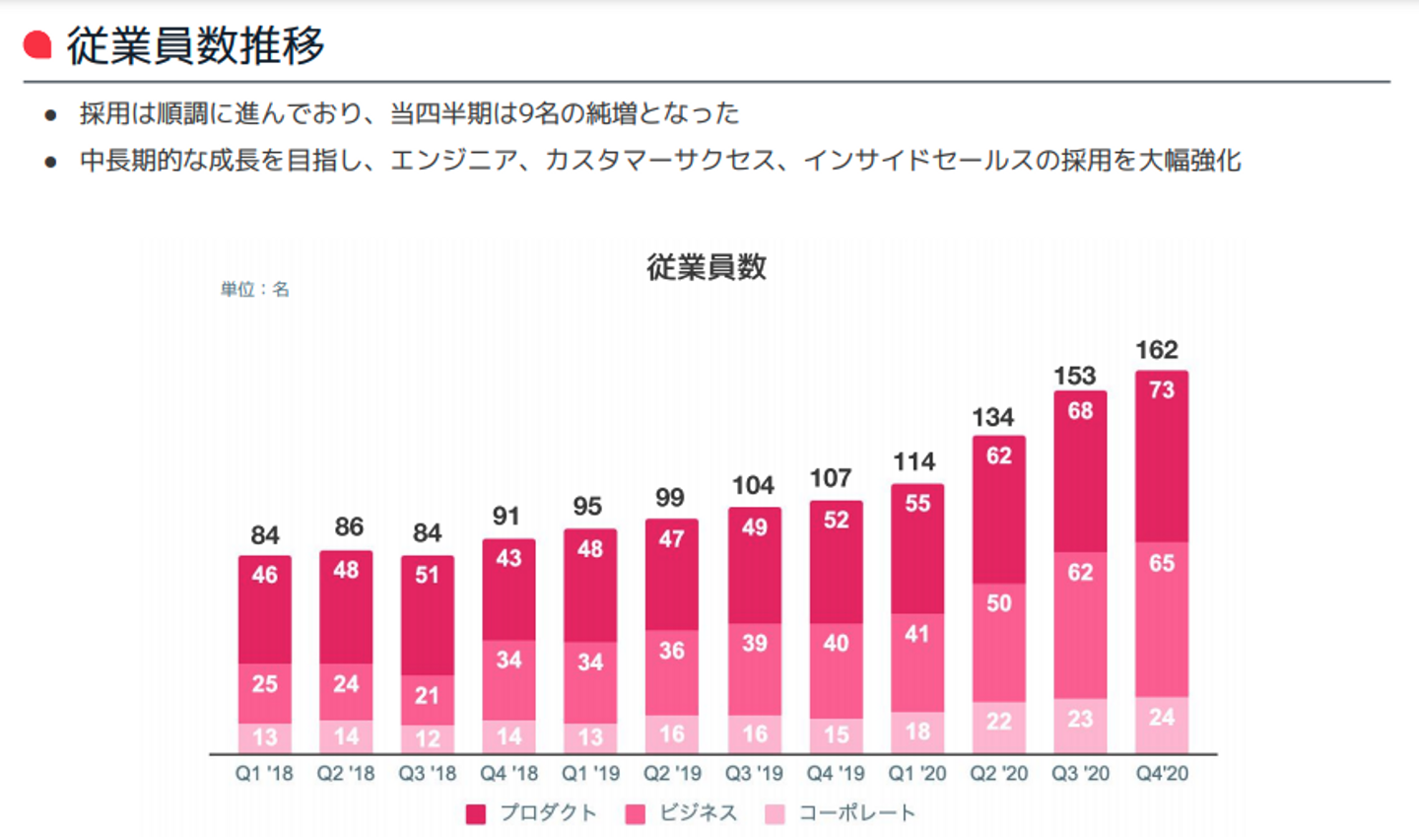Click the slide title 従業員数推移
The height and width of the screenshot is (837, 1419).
tap(195, 45)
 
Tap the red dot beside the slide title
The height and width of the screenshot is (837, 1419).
tap(37, 44)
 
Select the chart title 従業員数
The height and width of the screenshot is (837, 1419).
tap(706, 266)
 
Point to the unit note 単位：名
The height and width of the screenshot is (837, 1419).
tap(254, 289)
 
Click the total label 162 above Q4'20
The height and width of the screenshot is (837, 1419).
tap(1156, 350)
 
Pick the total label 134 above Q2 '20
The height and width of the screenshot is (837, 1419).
tap(992, 417)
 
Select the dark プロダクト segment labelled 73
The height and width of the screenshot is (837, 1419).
tap(1162, 455)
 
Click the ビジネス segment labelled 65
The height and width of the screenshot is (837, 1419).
tap(1162, 619)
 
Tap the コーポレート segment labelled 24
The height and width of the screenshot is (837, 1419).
tap(1162, 725)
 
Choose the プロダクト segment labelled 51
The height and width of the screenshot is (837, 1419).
tap(427, 615)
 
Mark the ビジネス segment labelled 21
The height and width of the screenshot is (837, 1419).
tap(427, 700)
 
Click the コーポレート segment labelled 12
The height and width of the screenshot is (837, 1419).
tap(427, 739)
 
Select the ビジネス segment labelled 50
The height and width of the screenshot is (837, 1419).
tap(998, 642)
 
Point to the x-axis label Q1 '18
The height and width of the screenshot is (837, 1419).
tap(264, 774)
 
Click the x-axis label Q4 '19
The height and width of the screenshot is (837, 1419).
tap(836, 774)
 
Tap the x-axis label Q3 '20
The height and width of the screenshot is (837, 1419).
tap(1080, 774)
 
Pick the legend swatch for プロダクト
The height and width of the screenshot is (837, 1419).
tap(476, 813)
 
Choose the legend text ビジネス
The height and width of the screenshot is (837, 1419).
tap(699, 812)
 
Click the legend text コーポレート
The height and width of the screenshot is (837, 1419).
tap(856, 812)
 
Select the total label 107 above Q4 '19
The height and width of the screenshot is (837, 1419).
tap(830, 478)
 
